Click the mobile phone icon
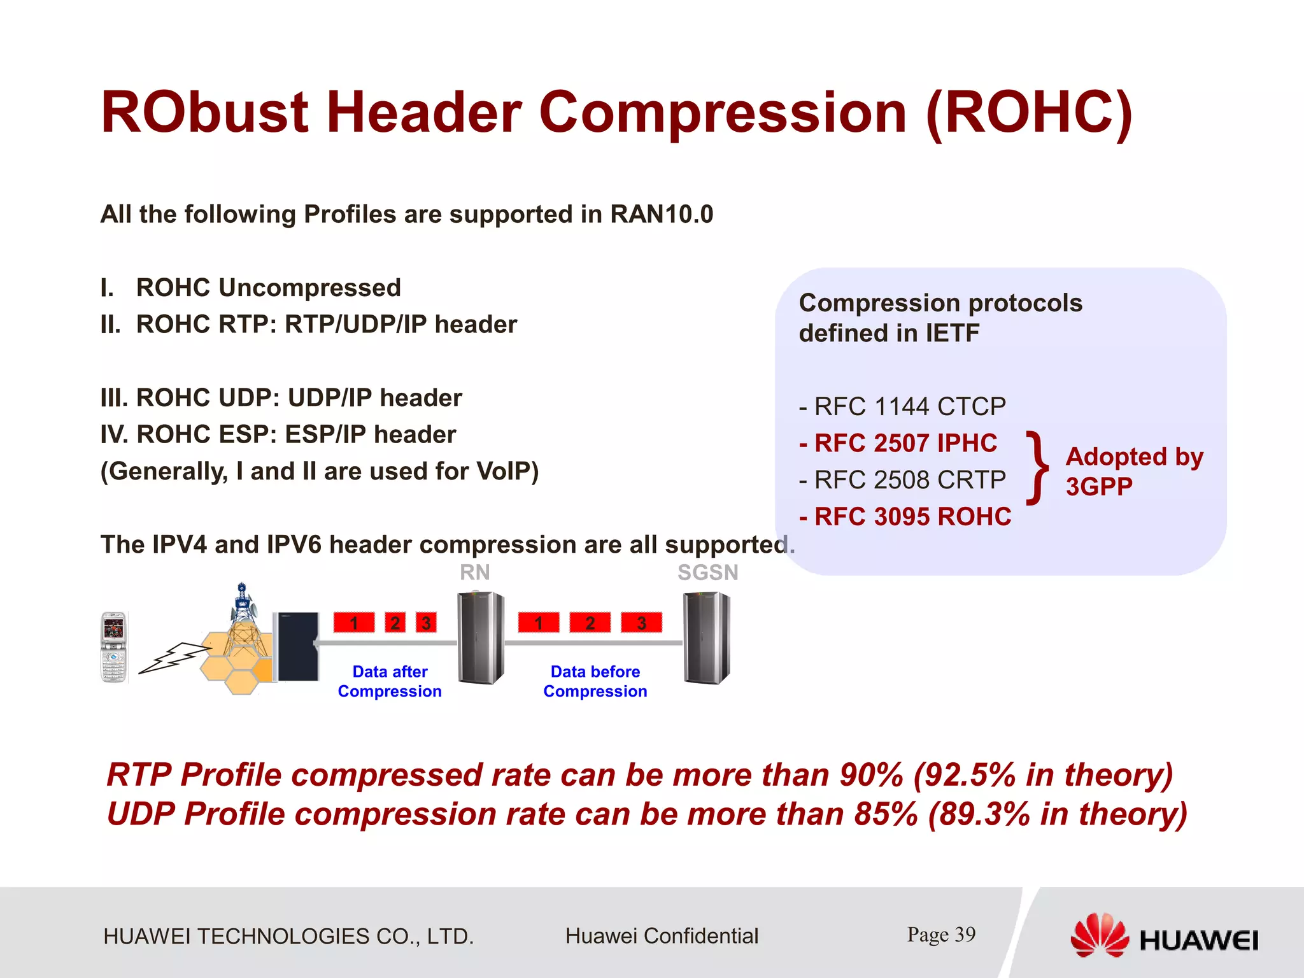click(x=115, y=647)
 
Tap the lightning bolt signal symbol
click(x=173, y=657)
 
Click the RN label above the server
click(x=475, y=572)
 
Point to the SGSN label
click(x=707, y=572)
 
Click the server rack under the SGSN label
click(x=706, y=638)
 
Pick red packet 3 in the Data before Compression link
click(x=641, y=622)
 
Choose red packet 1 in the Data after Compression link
click(x=354, y=622)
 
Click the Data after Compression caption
click(x=390, y=681)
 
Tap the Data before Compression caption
click(x=595, y=681)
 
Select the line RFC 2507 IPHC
click(x=898, y=443)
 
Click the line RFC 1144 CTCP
click(x=902, y=406)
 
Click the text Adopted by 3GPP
click(x=1133, y=471)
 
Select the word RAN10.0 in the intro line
click(x=662, y=215)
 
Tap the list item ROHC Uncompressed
click(x=267, y=288)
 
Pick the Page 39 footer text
click(x=941, y=934)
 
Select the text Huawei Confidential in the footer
click(x=662, y=936)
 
